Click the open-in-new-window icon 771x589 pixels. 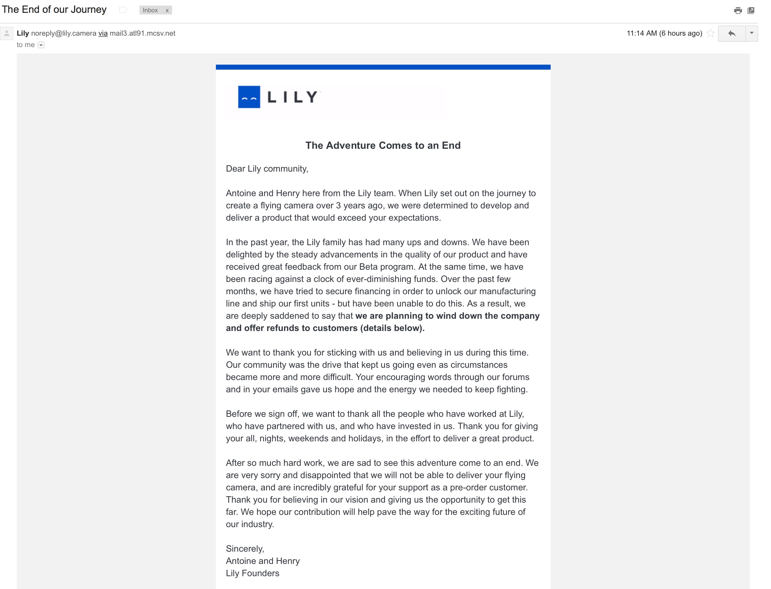pos(751,11)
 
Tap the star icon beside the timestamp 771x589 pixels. pos(710,33)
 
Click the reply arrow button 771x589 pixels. pos(732,33)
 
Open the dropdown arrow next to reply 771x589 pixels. pos(752,33)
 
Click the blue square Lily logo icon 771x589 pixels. pos(249,97)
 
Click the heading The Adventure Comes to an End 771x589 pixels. pos(383,145)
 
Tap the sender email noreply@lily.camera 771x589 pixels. pos(64,33)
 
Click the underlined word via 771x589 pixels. pos(103,33)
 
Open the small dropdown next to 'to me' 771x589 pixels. pos(41,45)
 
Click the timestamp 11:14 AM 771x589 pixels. pos(642,33)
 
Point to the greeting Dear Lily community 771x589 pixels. pos(267,169)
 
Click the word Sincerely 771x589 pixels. pos(245,549)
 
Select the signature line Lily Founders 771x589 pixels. pos(252,573)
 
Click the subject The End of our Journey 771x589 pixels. pos(54,9)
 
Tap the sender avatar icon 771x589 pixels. pos(7,33)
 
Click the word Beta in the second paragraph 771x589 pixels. pos(368,267)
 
